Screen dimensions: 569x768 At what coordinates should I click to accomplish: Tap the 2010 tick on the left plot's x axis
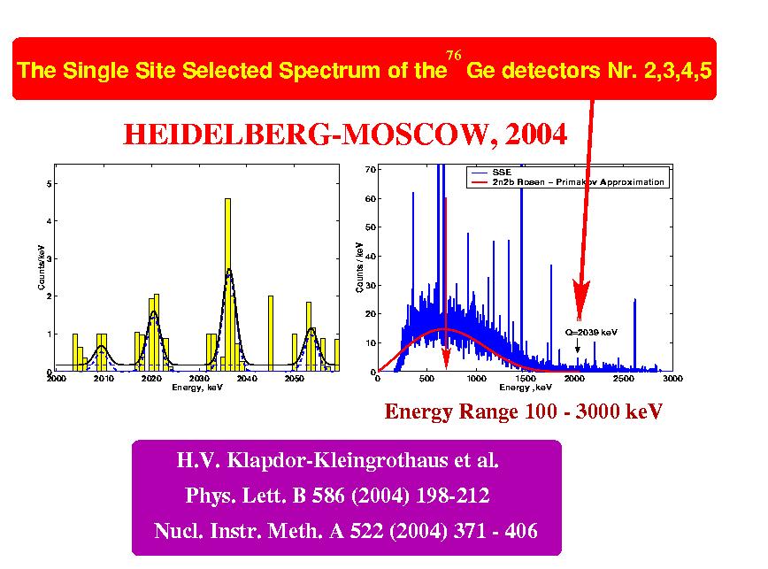point(104,379)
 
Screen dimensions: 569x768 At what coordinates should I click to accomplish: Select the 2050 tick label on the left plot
point(294,379)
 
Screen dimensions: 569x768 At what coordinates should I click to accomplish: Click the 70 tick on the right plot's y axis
point(370,168)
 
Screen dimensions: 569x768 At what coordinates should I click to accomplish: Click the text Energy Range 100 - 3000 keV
point(523,411)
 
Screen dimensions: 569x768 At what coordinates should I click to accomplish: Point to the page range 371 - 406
point(488,532)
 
